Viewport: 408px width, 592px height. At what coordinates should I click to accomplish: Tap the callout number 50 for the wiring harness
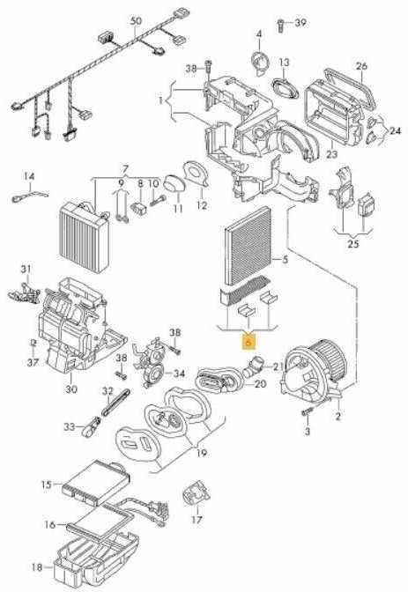click(136, 21)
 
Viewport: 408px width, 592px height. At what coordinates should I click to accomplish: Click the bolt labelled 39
click(281, 26)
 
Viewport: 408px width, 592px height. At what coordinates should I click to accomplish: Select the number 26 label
click(361, 66)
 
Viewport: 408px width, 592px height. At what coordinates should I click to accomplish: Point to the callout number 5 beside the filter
click(285, 259)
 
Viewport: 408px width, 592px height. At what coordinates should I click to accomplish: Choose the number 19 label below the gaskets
click(202, 453)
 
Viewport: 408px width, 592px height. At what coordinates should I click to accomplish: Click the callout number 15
click(46, 484)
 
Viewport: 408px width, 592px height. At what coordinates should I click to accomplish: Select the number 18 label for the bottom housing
click(37, 566)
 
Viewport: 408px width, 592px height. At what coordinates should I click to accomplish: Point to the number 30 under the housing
click(71, 388)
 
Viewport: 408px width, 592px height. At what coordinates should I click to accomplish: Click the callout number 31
click(26, 270)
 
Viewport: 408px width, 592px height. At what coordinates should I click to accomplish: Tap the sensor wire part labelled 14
click(30, 196)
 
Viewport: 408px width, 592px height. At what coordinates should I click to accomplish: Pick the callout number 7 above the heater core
click(126, 168)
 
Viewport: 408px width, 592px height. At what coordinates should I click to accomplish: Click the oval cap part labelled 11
click(174, 184)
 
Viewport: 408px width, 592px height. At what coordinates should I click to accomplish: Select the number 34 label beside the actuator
click(179, 374)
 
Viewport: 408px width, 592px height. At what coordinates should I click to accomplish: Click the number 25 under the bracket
click(352, 243)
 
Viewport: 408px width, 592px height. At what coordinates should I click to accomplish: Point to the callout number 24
click(395, 131)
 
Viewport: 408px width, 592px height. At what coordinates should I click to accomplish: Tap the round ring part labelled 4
click(260, 62)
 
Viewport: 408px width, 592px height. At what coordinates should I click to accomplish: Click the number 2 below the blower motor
click(338, 416)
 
